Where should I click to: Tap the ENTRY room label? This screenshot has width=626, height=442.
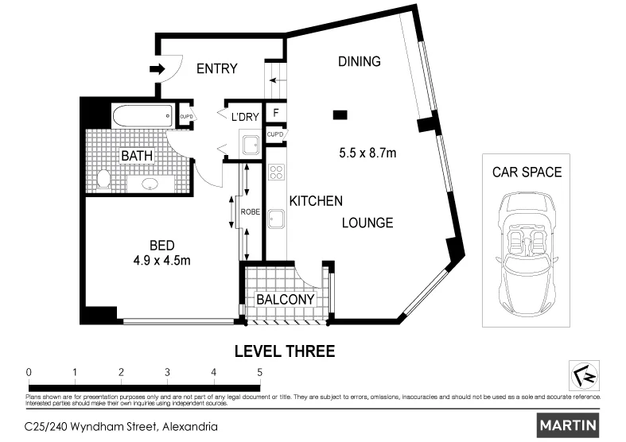pyautogui.click(x=217, y=69)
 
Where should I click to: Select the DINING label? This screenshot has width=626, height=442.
pyautogui.click(x=359, y=61)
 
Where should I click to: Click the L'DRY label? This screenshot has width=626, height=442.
pyautogui.click(x=245, y=118)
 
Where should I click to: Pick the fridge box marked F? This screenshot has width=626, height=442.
pyautogui.click(x=275, y=114)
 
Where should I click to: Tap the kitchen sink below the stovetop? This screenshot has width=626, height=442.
pyautogui.click(x=277, y=218)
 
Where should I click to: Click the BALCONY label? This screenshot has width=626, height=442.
pyautogui.click(x=285, y=300)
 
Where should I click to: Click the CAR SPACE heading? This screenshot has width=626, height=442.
pyautogui.click(x=526, y=172)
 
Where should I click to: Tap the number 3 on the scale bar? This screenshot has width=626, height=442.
pyautogui.click(x=167, y=372)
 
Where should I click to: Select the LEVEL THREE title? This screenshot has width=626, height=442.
pyautogui.click(x=284, y=351)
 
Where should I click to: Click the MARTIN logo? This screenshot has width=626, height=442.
pyautogui.click(x=568, y=425)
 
